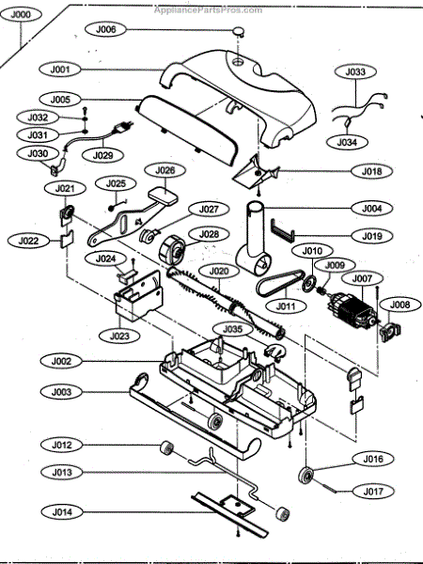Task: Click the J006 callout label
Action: pyautogui.click(x=105, y=29)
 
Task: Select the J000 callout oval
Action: pyautogui.click(x=21, y=15)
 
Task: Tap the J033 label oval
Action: pyautogui.click(x=355, y=71)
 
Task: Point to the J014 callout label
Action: pyautogui.click(x=62, y=511)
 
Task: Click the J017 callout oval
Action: pyautogui.click(x=373, y=491)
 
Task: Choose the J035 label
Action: pyautogui.click(x=233, y=329)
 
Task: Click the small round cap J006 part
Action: pyautogui.click(x=239, y=31)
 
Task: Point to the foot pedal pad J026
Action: pyautogui.click(x=163, y=195)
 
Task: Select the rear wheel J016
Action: pyautogui.click(x=305, y=475)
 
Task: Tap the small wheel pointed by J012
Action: pyautogui.click(x=166, y=448)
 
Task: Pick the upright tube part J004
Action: pyautogui.click(x=254, y=239)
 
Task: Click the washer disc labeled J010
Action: pyautogui.click(x=309, y=284)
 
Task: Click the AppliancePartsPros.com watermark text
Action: pyautogui.click(x=209, y=9)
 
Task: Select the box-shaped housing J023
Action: pyautogui.click(x=138, y=296)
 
